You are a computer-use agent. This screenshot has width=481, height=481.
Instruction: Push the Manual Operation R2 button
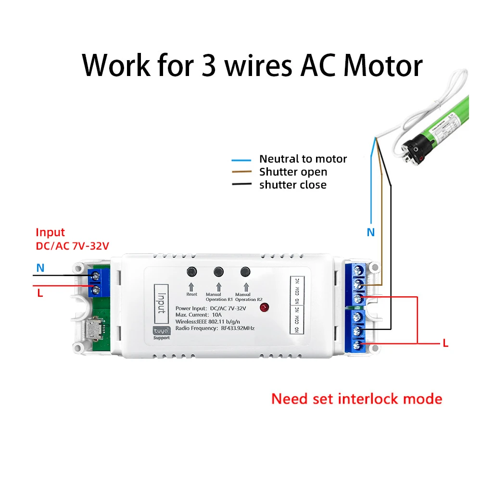pyautogui.click(x=246, y=272)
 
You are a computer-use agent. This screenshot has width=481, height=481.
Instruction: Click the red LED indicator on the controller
pyautogui.click(x=264, y=308)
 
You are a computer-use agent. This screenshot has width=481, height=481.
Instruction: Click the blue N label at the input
pyautogui.click(x=40, y=268)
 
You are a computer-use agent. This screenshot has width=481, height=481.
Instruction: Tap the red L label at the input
pyautogui.click(x=40, y=293)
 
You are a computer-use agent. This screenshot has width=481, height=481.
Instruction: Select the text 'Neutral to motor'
pyautogui.click(x=303, y=159)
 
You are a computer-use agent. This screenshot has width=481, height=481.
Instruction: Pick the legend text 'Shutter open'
pyautogui.click(x=293, y=172)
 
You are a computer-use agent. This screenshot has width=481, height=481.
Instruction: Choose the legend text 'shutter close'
pyautogui.click(x=292, y=185)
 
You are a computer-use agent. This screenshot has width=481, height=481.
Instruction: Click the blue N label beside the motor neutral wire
pyautogui.click(x=370, y=232)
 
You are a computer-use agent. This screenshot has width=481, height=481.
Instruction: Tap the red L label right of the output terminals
pyautogui.click(x=445, y=343)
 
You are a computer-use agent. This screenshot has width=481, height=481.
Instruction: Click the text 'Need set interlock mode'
pyautogui.click(x=356, y=399)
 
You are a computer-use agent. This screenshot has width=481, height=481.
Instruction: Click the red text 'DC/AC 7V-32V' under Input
pyautogui.click(x=72, y=246)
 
